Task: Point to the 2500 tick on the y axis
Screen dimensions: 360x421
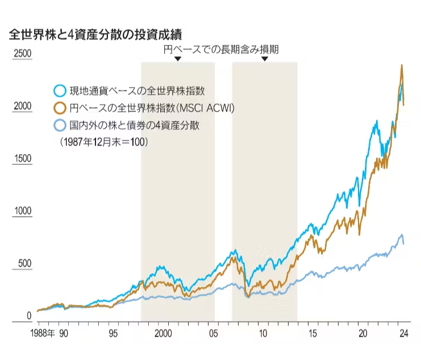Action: [x=23, y=55]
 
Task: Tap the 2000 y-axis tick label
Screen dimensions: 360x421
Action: [x=23, y=107]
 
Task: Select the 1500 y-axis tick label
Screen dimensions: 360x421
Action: [x=23, y=159]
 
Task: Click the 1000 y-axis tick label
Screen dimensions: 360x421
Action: [x=23, y=212]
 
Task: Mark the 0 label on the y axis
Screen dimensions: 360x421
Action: [x=30, y=316]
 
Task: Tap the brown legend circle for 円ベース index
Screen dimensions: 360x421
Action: [x=59, y=108]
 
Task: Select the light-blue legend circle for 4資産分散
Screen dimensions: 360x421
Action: [x=59, y=125]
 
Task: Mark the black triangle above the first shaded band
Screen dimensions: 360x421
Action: [x=178, y=59]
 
